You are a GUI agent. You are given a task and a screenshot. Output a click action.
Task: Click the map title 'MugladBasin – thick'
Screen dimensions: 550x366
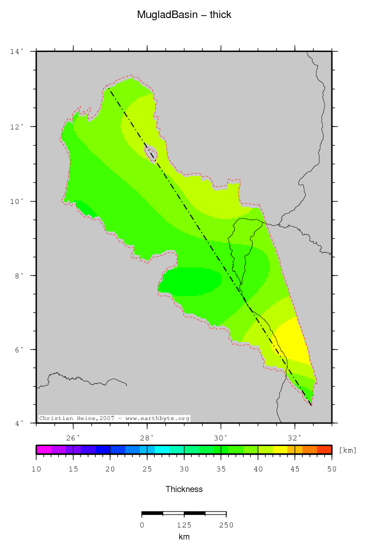(184, 15)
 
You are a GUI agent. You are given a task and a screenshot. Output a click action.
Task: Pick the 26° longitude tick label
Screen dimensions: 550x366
(74, 438)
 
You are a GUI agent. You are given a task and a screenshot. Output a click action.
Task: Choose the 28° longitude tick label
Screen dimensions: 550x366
(147, 438)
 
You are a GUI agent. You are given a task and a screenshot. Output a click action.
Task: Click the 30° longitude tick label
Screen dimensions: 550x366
(221, 438)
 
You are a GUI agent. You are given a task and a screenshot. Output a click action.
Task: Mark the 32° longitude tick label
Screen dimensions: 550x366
(295, 438)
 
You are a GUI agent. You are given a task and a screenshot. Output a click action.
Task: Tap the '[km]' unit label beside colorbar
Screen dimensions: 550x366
(347, 450)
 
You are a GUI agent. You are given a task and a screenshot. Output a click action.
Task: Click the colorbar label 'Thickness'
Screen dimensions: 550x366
(184, 489)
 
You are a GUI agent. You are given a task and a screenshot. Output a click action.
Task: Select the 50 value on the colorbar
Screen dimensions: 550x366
(331, 469)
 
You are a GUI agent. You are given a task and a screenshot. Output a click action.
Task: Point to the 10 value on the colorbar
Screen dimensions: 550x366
(37, 469)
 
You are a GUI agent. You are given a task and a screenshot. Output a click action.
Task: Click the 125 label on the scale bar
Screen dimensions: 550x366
(184, 525)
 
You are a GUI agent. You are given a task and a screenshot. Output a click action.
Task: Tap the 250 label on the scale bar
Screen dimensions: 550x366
(226, 525)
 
